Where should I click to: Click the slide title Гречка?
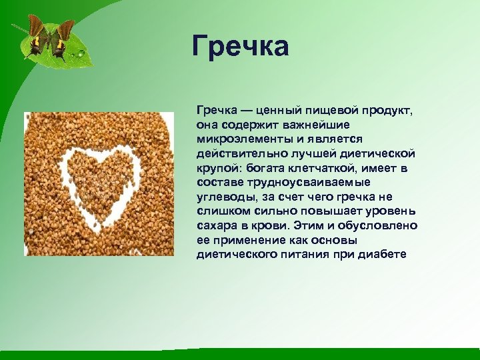click(x=240, y=47)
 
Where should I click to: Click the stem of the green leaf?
click(x=18, y=29)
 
